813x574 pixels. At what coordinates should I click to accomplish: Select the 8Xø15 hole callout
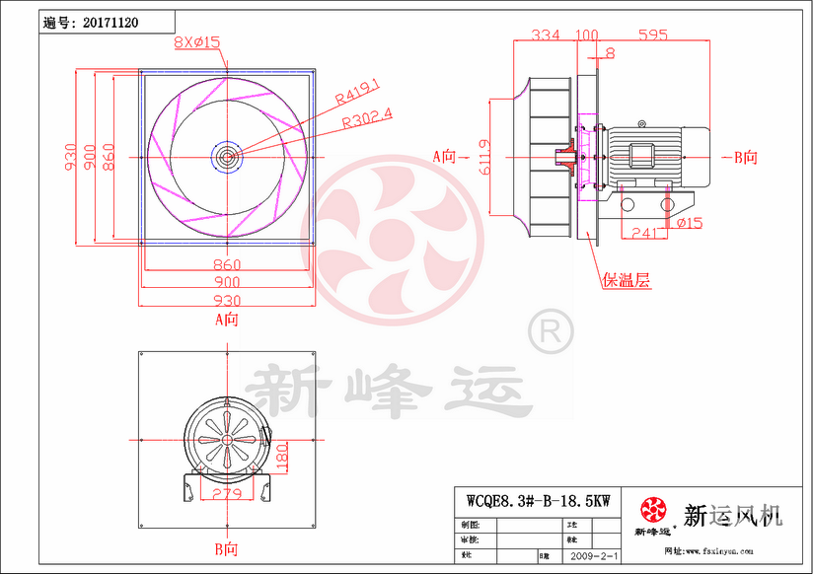(x=196, y=41)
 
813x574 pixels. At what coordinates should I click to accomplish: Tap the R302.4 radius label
(x=366, y=117)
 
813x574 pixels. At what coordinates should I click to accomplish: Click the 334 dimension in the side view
(x=546, y=35)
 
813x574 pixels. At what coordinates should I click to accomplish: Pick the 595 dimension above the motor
(x=652, y=35)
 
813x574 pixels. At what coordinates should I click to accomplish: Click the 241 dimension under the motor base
(x=643, y=234)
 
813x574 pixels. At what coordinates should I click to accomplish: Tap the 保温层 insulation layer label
(x=628, y=280)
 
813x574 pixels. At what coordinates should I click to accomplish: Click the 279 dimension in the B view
(x=226, y=493)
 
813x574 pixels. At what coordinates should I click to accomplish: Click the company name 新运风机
(x=732, y=515)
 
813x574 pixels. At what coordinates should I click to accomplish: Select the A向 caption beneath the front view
(x=227, y=320)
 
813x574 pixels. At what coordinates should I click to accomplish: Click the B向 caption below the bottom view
(x=227, y=548)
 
